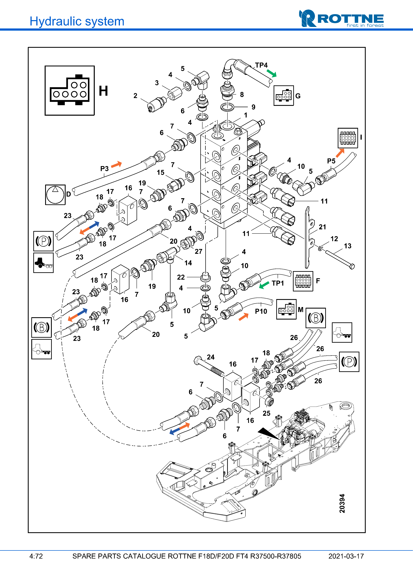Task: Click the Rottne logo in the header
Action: (x=341, y=19)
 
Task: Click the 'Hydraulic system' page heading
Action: (x=77, y=21)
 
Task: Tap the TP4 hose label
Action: (x=261, y=65)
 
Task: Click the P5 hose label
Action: (x=331, y=161)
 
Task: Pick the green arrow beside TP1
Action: (x=264, y=285)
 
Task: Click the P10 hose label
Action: (x=261, y=311)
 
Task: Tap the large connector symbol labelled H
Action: (x=69, y=91)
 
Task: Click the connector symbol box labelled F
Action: (x=303, y=281)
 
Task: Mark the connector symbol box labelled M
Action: (x=286, y=309)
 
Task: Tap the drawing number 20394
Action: (x=342, y=503)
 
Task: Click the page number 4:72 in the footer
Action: (x=36, y=556)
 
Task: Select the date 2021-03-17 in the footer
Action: (x=346, y=556)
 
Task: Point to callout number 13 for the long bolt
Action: (x=348, y=246)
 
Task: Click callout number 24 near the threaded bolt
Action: (x=210, y=357)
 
